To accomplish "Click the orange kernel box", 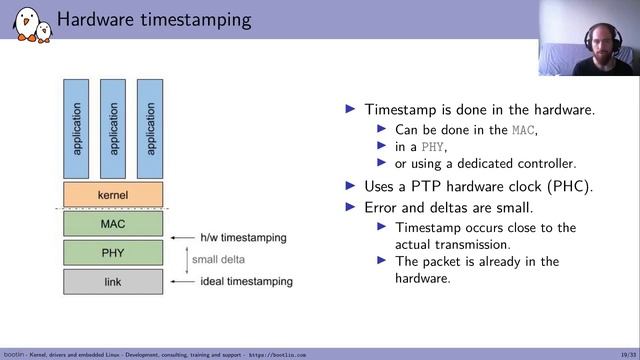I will (x=112, y=194).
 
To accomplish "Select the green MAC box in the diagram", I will (x=112, y=223).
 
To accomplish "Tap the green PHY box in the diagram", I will (x=112, y=252).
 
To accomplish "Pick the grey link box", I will (x=112, y=282).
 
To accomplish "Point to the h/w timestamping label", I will (x=243, y=238).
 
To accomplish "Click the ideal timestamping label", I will (x=246, y=282).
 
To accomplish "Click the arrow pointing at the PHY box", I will (x=179, y=238).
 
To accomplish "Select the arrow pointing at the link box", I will (x=179, y=282).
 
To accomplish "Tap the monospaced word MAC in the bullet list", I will (x=523, y=130).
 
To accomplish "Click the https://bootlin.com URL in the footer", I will (x=277, y=354).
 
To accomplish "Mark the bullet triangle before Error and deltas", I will (x=350, y=207).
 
